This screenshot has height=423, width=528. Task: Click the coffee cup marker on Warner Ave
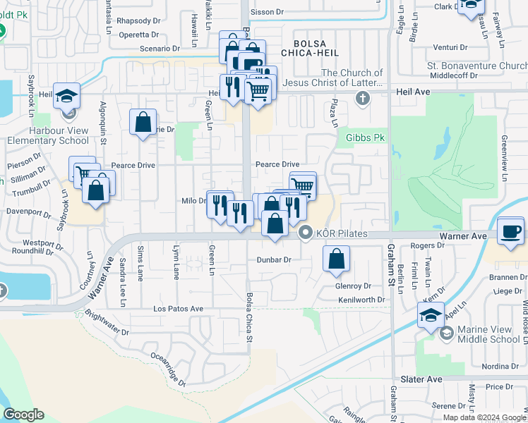click(x=510, y=231)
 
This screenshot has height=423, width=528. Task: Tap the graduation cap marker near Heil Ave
click(x=66, y=96)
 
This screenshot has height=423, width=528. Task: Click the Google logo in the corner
click(x=23, y=415)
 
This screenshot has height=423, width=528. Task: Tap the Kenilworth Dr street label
click(x=361, y=300)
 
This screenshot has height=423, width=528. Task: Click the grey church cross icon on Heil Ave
click(x=363, y=97)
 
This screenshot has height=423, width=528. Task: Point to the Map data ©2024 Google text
click(x=485, y=417)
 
